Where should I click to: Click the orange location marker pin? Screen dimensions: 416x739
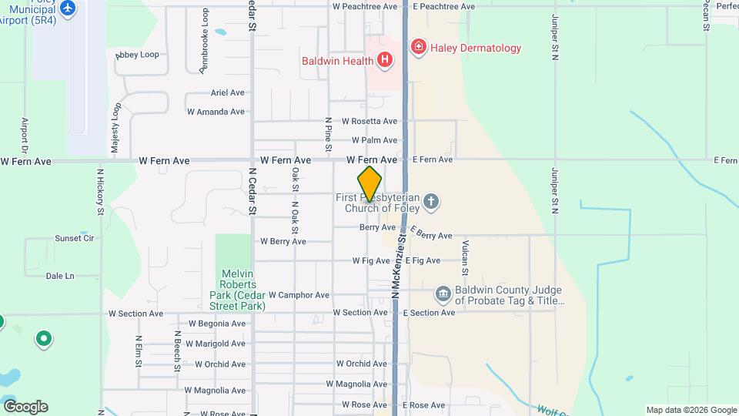click(x=369, y=184)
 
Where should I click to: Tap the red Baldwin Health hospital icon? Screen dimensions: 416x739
click(x=384, y=59)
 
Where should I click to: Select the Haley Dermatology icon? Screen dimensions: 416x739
click(x=418, y=48)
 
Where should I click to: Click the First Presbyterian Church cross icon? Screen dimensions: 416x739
click(x=431, y=203)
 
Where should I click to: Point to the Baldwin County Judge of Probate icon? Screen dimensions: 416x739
click(x=443, y=294)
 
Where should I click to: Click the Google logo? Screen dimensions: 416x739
click(x=25, y=407)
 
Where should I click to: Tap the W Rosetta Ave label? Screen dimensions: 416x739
click(x=369, y=121)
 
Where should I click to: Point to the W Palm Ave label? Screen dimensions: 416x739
click(x=374, y=140)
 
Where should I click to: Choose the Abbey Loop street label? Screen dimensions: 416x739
click(x=137, y=55)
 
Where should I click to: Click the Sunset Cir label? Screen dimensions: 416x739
click(x=74, y=239)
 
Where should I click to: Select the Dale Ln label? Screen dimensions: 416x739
click(x=60, y=276)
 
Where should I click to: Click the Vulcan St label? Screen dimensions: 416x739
click(x=465, y=257)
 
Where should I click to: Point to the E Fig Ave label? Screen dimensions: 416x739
click(x=423, y=260)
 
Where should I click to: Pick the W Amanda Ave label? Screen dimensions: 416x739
click(x=216, y=112)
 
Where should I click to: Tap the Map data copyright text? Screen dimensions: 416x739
click(x=691, y=410)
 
